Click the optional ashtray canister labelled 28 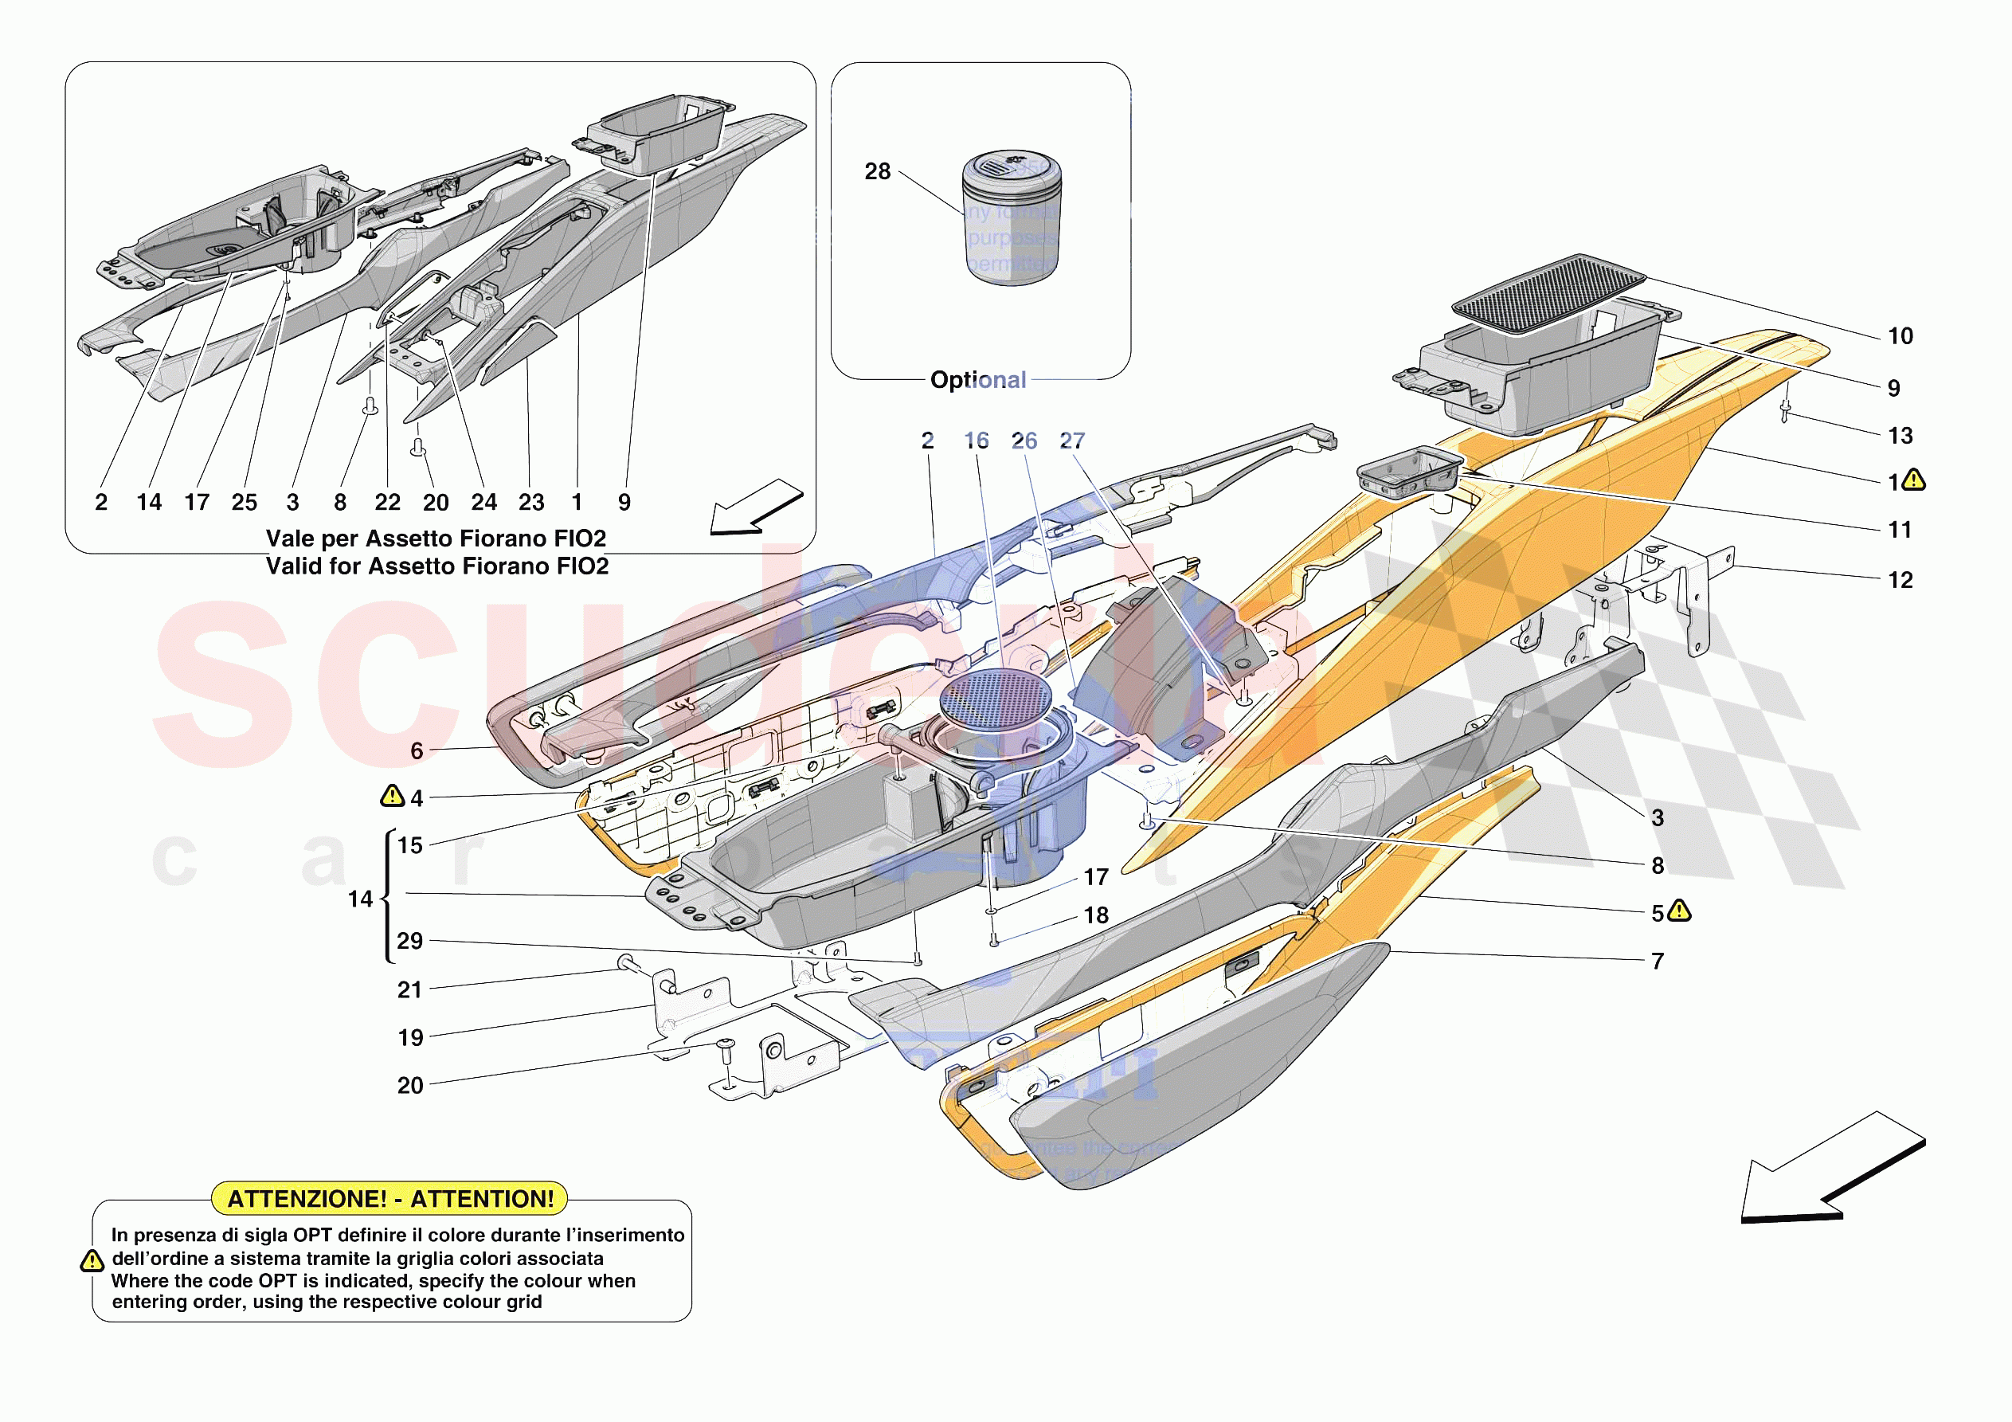[x=1012, y=219]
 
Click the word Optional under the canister [x=978, y=380]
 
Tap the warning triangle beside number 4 [x=391, y=795]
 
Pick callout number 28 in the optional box [x=877, y=172]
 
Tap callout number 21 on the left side [x=410, y=989]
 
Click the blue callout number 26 [x=1024, y=441]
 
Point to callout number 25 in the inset [x=245, y=503]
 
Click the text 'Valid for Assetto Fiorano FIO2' [x=437, y=566]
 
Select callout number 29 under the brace [x=410, y=941]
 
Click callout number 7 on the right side [x=1657, y=962]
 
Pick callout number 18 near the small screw [x=1096, y=915]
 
